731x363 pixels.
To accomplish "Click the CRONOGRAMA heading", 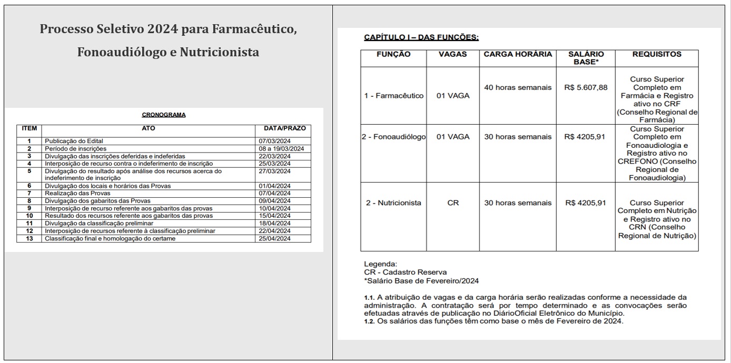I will point(164,115).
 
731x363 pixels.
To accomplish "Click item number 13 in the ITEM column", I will point(29,238).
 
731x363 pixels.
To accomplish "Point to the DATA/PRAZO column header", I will point(284,128).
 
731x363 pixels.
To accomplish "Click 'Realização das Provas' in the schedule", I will point(70,193).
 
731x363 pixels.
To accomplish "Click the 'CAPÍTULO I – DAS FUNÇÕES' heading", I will point(421,37).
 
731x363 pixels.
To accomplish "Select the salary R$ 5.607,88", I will point(586,87).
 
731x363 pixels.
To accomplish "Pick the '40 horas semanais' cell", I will point(518,87).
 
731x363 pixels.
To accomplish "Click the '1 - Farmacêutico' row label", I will point(394,96).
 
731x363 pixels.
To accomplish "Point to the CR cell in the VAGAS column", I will point(453,203).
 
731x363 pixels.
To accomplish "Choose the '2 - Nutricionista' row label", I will point(394,203).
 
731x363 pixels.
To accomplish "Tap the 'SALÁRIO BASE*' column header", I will point(586,58).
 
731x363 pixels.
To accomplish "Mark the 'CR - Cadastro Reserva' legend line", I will point(405,272).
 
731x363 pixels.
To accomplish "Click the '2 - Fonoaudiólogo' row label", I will point(394,137).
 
